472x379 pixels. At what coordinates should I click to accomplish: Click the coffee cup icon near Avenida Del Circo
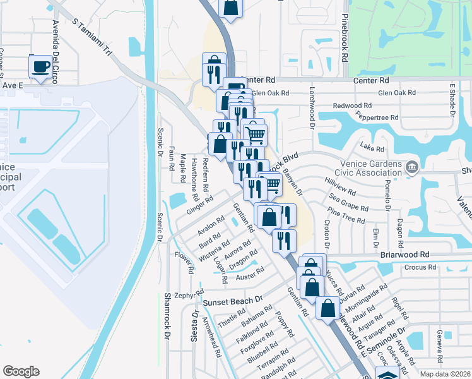[x=42, y=66]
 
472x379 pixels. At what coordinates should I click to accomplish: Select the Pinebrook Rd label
[x=345, y=38]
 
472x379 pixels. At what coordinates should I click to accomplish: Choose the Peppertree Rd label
[x=377, y=117]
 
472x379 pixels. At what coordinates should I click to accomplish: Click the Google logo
[x=21, y=371]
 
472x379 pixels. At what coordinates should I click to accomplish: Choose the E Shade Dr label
[x=452, y=101]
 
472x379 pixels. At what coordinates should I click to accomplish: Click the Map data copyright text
[x=444, y=374]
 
